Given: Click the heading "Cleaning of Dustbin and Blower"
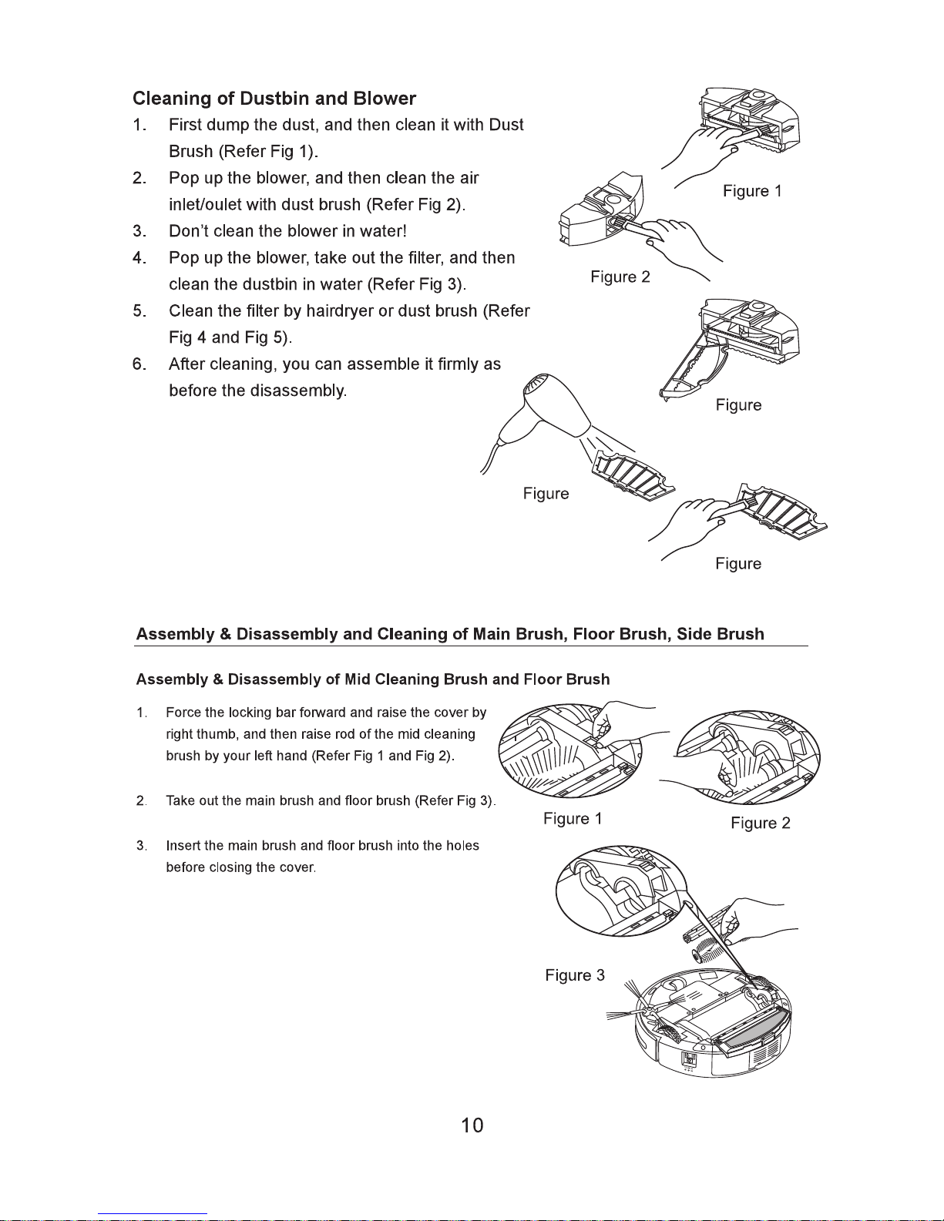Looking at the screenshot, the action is click(x=274, y=99).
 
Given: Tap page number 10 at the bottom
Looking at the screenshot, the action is click(x=472, y=1125).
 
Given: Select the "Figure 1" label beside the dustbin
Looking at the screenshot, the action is click(x=752, y=191).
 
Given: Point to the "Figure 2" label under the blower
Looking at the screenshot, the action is click(x=620, y=277).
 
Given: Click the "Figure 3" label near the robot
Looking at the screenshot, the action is click(x=574, y=975).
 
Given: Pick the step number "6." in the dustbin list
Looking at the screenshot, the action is click(x=139, y=364).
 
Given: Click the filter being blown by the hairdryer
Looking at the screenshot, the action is click(x=632, y=478).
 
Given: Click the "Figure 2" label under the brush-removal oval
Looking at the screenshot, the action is click(x=761, y=824).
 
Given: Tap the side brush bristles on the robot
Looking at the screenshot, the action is click(x=623, y=1006).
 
